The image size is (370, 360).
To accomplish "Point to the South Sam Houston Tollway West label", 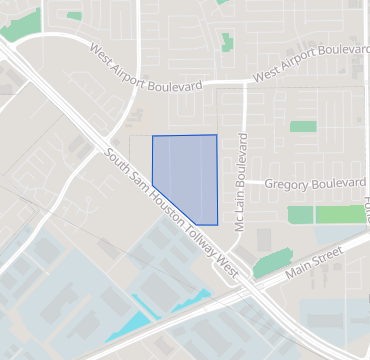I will [171, 213].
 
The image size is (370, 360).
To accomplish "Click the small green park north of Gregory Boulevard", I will [302, 127].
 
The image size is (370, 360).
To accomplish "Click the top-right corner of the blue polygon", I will [216, 135].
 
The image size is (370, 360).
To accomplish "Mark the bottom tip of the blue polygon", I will [201, 224].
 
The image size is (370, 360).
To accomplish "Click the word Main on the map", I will [295, 266].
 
